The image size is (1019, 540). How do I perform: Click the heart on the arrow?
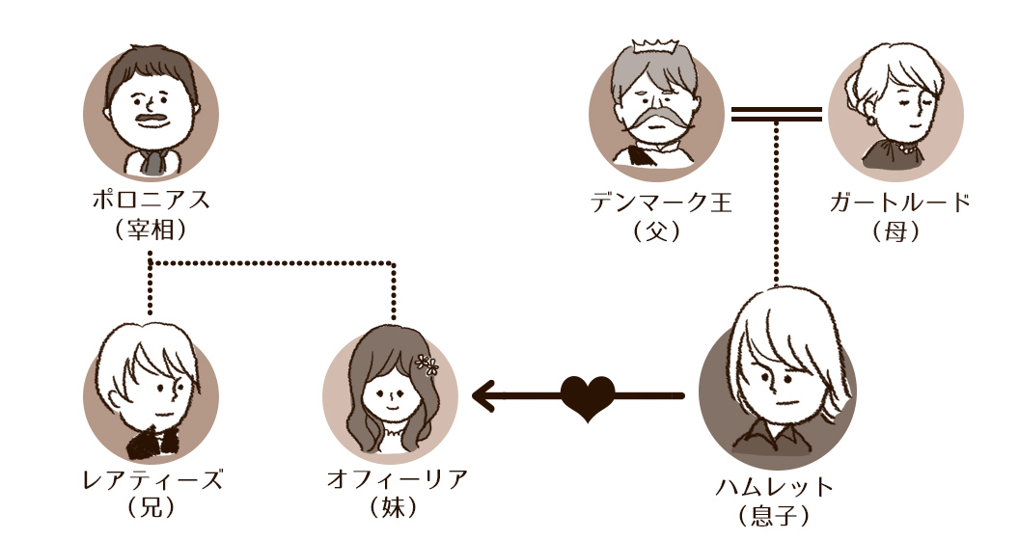(x=588, y=396)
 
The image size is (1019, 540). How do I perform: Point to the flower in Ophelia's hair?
(x=427, y=364)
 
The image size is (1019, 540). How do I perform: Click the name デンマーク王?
(x=662, y=202)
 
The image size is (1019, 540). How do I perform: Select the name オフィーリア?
(x=398, y=478)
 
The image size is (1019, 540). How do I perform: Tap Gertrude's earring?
(x=870, y=121)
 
